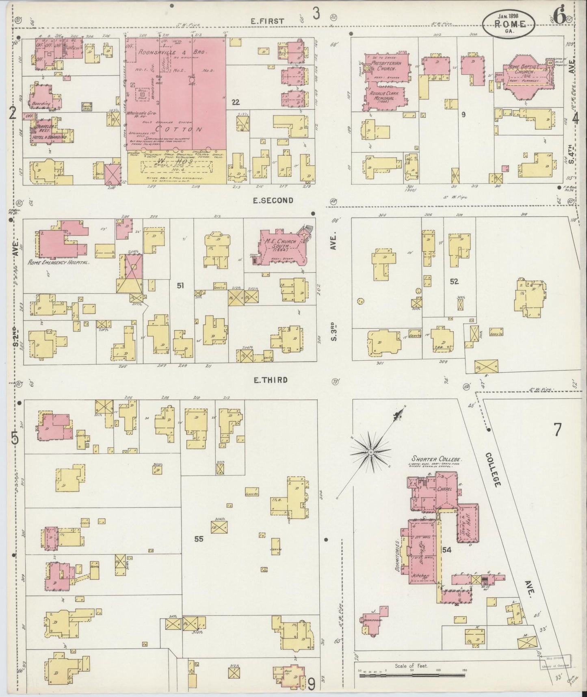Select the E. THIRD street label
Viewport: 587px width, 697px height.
pos(271,380)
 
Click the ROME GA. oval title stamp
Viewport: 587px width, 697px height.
pos(509,23)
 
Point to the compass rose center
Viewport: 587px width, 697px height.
pos(370,452)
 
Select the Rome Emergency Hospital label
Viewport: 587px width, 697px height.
pos(58,263)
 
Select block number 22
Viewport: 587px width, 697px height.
pos(235,102)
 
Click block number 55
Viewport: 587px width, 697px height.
pos(199,539)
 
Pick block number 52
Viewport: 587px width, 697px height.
pos(454,281)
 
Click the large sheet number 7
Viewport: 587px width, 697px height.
pos(557,429)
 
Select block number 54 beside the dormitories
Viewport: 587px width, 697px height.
pos(447,550)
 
